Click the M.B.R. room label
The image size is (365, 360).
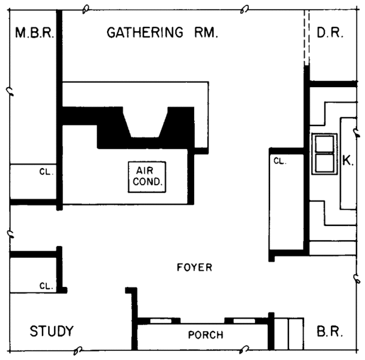pos(34,32)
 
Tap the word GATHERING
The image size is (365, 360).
pos(144,32)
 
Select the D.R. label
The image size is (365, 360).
pos(330,32)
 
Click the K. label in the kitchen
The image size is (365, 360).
pos(348,161)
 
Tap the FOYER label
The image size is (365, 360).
pos(194,267)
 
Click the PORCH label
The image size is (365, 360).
pos(205,334)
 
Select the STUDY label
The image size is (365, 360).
pos(52,331)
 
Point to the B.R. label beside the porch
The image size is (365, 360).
pos(331,333)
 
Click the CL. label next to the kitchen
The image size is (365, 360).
pos(279,161)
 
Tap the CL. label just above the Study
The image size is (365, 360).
pos(46,285)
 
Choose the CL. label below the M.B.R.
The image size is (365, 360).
pos(46,172)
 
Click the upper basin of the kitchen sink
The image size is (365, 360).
pos(324,144)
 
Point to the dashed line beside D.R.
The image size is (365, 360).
pos(307,40)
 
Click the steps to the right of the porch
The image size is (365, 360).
pos(288,333)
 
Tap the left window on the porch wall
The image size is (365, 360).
pos(161,320)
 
